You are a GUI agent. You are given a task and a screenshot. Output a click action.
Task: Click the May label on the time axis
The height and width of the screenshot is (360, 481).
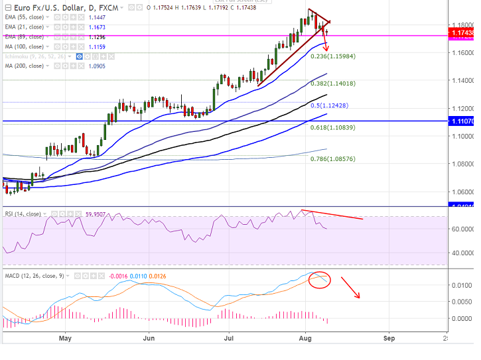65,337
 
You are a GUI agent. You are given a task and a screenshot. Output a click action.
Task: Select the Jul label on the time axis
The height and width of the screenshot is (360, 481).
230,337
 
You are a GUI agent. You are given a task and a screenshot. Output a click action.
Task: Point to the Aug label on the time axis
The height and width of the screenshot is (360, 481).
306,337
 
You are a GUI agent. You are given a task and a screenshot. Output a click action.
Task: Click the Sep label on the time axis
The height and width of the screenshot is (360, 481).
389,337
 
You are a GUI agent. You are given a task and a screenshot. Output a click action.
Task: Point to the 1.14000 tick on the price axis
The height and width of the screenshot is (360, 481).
462,80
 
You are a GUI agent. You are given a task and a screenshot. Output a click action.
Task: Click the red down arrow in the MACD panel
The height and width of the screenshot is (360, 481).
350,288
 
